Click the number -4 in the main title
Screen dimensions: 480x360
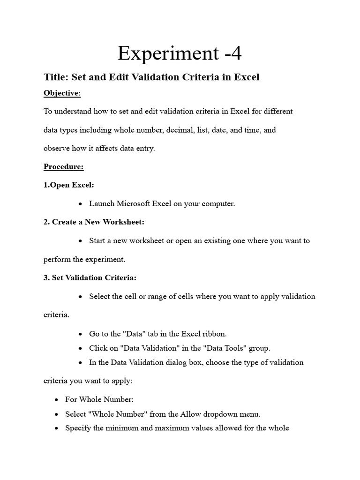pyautogui.click(x=229, y=53)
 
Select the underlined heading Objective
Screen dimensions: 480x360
pyautogui.click(x=61, y=93)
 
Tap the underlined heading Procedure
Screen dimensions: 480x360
pyautogui.click(x=64, y=167)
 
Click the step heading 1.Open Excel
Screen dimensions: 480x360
pyautogui.click(x=69, y=185)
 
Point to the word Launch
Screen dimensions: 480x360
pyautogui.click(x=102, y=204)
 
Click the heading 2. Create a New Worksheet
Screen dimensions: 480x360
pyautogui.click(x=91, y=222)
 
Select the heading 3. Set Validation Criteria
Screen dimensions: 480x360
pyautogui.click(x=90, y=278)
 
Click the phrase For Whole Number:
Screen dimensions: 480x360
pyautogui.click(x=99, y=400)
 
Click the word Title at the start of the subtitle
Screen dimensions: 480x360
pyautogui.click(x=54, y=77)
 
